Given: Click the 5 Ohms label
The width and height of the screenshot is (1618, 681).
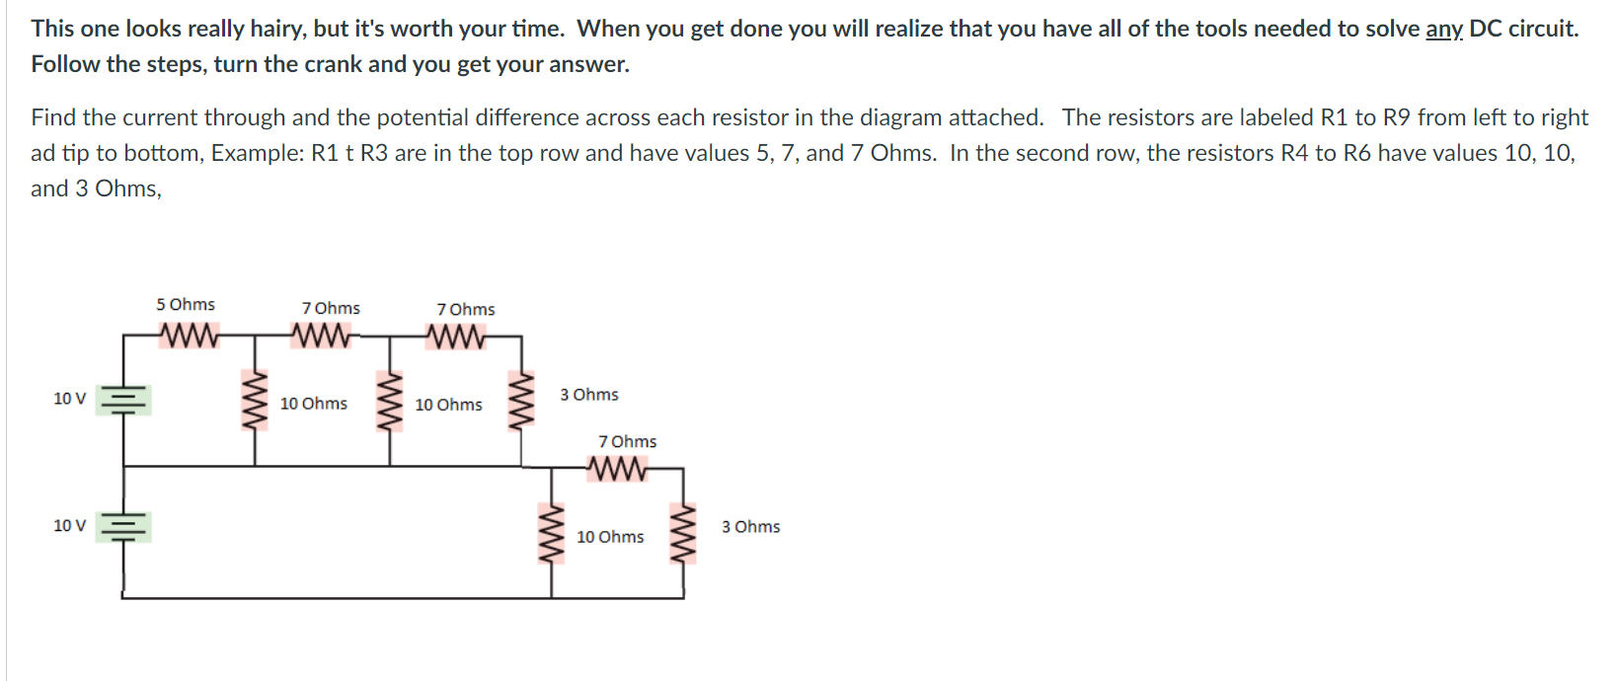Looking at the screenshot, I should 185,304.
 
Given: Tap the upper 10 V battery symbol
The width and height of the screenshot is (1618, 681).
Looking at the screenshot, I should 123,400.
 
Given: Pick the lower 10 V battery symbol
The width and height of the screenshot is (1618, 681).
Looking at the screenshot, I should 123,527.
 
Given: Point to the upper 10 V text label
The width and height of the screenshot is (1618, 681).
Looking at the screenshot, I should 69,399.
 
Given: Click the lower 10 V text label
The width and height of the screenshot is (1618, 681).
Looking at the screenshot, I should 69,525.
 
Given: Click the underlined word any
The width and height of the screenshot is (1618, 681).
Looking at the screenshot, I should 1443,29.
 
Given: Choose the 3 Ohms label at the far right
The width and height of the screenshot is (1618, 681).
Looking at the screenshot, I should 750,527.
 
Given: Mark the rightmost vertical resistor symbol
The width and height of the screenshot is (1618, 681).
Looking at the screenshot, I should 682,534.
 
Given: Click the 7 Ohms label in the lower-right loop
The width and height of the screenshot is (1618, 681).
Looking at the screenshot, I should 627,441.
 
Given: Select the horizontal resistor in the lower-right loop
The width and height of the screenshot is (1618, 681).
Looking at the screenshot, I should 618,469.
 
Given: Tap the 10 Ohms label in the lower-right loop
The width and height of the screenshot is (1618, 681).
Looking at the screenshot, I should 610,537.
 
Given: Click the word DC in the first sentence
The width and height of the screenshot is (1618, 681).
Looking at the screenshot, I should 1485,29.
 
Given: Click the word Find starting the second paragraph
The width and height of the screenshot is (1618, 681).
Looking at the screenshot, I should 53,117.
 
